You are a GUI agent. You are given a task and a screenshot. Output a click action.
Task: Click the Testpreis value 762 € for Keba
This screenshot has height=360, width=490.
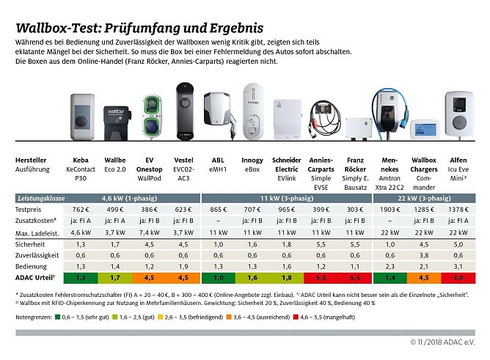click(81, 209)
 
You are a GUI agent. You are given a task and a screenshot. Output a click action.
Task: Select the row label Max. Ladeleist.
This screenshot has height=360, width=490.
click(37, 232)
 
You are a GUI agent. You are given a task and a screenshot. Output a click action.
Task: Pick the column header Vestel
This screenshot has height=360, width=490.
click(183, 159)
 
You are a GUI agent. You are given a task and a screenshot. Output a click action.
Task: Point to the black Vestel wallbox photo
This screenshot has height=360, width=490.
click(183, 111)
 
